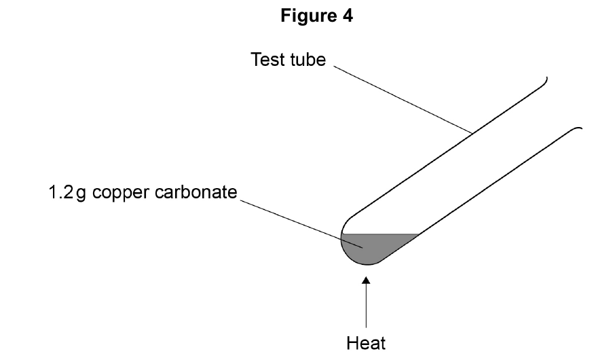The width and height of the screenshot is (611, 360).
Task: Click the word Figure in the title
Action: tap(309, 16)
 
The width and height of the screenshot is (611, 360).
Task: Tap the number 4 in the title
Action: tap(348, 16)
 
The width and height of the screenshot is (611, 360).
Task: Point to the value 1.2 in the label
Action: tap(60, 192)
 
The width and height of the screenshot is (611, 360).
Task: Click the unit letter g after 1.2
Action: tap(81, 194)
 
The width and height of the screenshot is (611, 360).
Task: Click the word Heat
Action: tap(366, 343)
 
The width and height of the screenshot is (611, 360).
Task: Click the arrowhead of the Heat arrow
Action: tap(366, 280)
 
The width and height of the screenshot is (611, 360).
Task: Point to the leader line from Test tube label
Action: tap(403, 100)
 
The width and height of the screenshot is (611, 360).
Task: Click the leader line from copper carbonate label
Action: tap(301, 224)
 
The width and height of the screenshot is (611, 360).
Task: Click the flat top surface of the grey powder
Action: tap(380, 234)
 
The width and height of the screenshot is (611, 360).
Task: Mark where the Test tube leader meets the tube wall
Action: tap(473, 134)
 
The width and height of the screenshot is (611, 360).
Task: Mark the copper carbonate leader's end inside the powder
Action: tap(363, 248)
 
